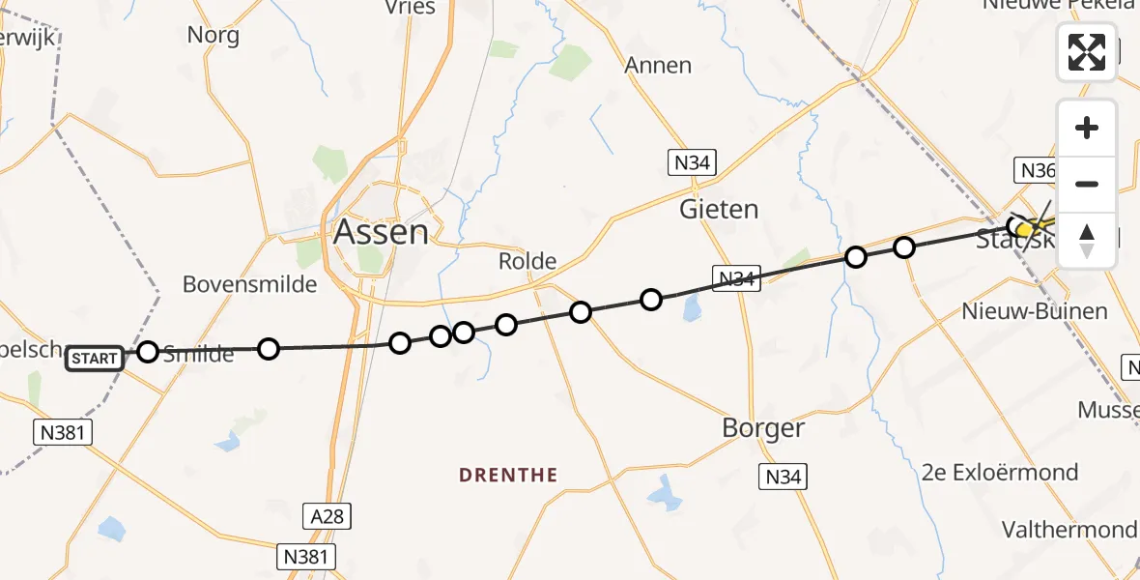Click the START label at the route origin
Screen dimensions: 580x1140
(95, 360)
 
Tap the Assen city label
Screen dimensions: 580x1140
(380, 232)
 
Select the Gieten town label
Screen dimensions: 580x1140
(719, 209)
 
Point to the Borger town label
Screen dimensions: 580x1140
(763, 427)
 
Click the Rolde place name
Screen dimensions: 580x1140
(527, 261)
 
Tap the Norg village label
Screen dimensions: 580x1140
(213, 36)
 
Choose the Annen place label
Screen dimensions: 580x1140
(658, 66)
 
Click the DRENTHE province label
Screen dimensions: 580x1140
(508, 475)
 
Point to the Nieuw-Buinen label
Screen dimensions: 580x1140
(1035, 312)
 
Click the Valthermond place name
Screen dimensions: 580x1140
(1069, 530)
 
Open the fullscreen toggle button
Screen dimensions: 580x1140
(1087, 51)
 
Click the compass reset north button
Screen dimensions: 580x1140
(1087, 240)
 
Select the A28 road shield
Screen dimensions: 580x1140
(327, 516)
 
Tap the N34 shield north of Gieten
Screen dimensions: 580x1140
(693, 162)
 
